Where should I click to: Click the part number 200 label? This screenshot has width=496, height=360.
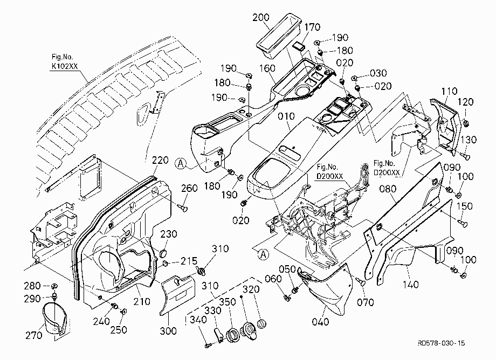(x=260, y=17)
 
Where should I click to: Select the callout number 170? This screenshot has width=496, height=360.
(x=312, y=27)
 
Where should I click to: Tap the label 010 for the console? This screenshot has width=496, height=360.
(x=286, y=116)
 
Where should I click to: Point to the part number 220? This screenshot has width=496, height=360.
(x=160, y=160)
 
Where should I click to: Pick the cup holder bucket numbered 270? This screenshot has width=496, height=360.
(x=55, y=318)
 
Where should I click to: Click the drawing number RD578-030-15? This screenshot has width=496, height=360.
(x=441, y=343)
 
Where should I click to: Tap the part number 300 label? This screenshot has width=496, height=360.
(x=168, y=331)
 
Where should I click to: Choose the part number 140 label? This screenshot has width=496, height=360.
(x=410, y=285)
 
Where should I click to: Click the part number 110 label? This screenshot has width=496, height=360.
(x=449, y=91)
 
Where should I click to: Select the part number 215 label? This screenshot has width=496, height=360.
(x=189, y=261)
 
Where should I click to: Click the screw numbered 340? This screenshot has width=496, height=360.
(x=208, y=345)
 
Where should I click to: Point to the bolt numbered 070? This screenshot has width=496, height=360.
(x=361, y=281)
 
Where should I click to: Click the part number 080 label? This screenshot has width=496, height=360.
(x=388, y=189)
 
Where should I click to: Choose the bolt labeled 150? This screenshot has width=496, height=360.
(x=463, y=223)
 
